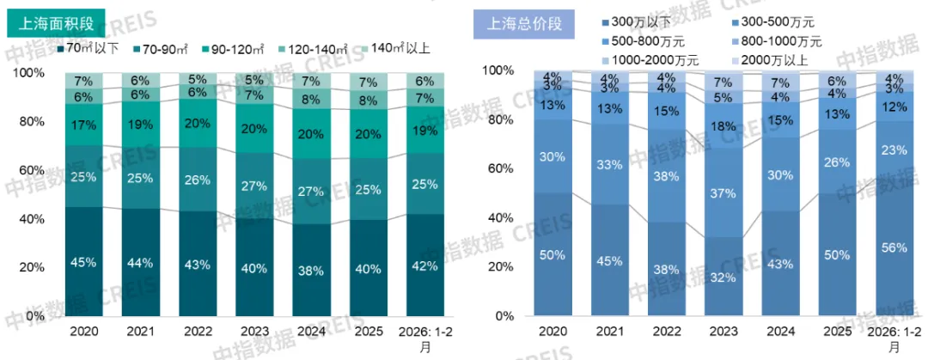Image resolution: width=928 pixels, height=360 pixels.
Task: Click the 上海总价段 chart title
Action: pos(524,23)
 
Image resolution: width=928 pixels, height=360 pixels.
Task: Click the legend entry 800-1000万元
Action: pos(778,41)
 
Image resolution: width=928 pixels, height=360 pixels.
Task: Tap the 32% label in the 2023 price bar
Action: pos(723,278)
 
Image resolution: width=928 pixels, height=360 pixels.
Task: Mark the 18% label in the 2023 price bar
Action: pos(723,126)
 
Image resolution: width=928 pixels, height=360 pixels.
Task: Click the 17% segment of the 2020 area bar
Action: pos(83,125)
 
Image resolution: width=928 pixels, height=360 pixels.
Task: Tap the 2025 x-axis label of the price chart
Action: pos(836,330)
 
